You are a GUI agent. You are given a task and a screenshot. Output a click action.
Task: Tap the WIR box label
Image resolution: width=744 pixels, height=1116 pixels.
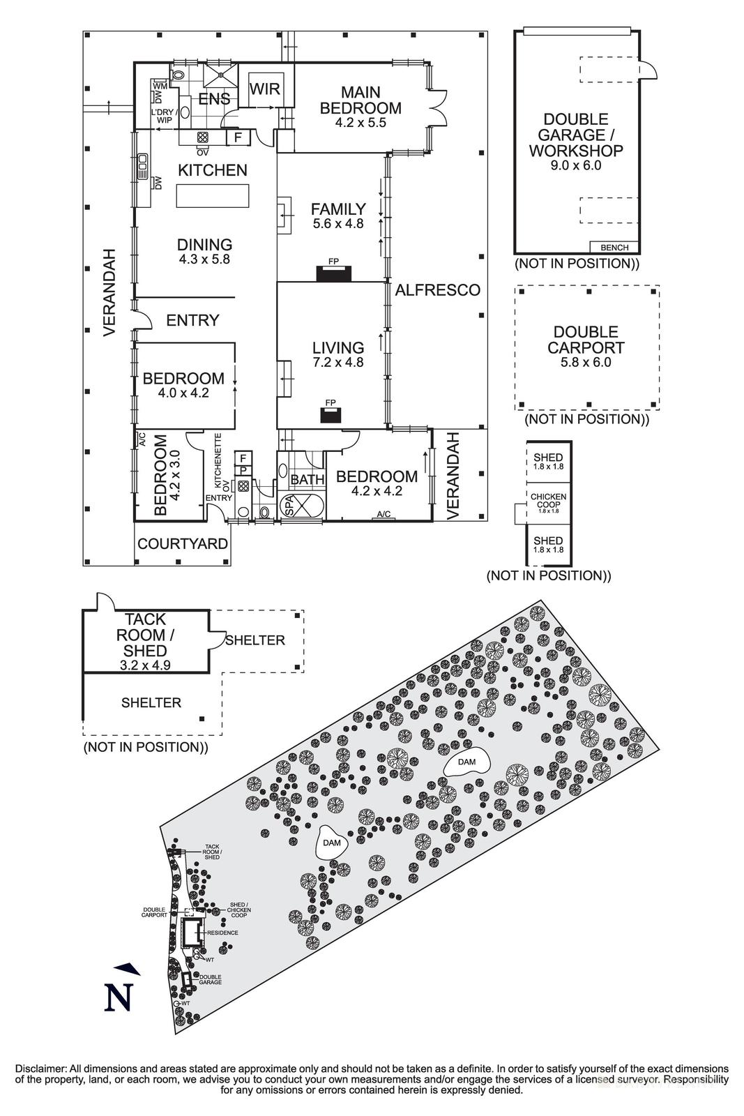[x=266, y=89]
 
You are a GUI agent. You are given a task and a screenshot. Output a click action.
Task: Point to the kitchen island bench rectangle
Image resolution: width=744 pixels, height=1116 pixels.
[x=213, y=195]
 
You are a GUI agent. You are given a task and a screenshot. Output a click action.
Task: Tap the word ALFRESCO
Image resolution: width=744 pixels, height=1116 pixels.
[x=438, y=290]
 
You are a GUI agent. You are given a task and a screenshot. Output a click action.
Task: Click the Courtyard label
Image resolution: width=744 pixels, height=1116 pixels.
[x=183, y=544]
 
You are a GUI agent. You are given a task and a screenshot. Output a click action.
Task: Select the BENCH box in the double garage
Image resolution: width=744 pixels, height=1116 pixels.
[x=614, y=247]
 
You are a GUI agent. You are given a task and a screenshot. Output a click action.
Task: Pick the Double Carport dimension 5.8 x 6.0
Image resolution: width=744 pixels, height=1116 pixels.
[x=586, y=363]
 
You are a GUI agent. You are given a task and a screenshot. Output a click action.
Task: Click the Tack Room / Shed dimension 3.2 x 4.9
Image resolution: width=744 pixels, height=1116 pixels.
[x=146, y=665]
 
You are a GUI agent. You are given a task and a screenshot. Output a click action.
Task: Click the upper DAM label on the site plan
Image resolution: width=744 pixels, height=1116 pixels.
[x=467, y=762]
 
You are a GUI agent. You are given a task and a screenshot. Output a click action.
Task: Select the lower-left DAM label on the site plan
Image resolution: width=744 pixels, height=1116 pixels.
[x=333, y=843]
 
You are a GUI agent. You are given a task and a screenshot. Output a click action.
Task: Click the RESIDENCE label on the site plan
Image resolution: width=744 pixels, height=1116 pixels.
[x=222, y=933]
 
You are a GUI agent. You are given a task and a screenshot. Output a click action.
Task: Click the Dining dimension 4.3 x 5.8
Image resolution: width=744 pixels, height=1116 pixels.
[x=204, y=259]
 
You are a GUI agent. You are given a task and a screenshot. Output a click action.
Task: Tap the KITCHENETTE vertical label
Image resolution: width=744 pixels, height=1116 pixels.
[x=218, y=461]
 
